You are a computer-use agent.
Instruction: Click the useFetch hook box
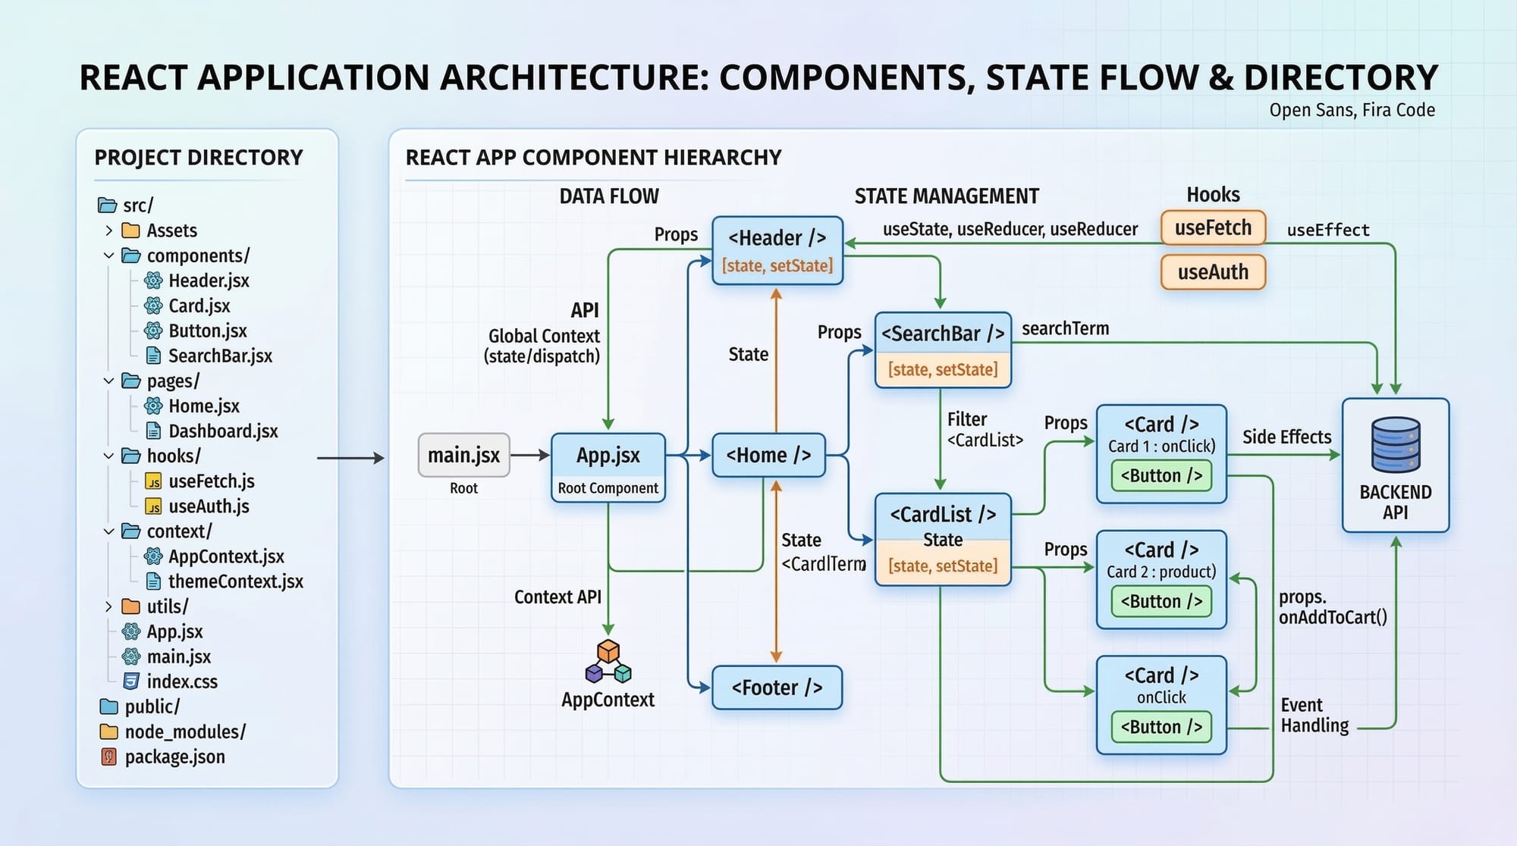[x=1213, y=228]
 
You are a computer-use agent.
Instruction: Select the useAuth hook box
[x=1213, y=272]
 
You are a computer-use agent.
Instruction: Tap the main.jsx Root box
[x=463, y=456]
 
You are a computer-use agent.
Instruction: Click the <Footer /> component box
[x=777, y=688]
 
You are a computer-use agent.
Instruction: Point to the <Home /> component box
[x=768, y=456]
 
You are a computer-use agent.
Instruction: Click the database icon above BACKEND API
[x=1396, y=445]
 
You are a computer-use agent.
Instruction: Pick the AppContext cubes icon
[x=608, y=662]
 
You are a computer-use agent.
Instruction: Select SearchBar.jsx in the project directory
[x=219, y=356]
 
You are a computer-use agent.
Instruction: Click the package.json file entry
[x=174, y=757]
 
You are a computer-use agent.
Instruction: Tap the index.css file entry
[x=181, y=682]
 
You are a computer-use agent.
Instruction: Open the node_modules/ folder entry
[x=184, y=732]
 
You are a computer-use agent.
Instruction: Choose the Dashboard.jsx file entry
[x=222, y=431]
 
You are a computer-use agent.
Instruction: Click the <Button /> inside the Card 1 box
[x=1161, y=476]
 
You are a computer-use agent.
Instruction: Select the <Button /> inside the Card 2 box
[x=1161, y=602]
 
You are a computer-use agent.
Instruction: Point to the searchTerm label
[x=1065, y=329]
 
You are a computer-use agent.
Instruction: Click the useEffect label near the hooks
[x=1328, y=230]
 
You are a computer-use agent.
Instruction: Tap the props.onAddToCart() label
[x=1333, y=608]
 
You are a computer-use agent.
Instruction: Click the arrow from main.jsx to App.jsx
[x=530, y=456]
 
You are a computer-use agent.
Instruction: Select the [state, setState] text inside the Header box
[x=777, y=266]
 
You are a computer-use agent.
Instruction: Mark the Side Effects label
[x=1286, y=437]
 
